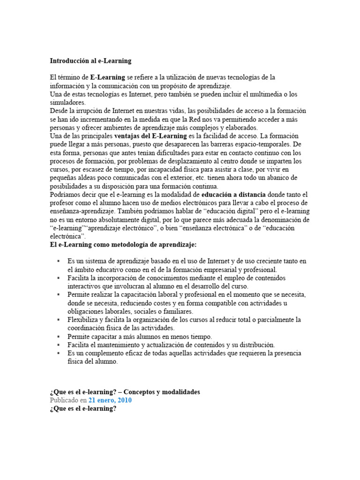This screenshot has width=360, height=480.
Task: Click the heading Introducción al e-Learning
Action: (90, 61)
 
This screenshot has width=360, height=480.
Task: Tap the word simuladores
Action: (67, 102)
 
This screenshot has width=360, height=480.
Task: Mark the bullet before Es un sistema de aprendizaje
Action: (58, 261)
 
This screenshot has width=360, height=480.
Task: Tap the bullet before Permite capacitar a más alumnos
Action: (58, 337)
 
